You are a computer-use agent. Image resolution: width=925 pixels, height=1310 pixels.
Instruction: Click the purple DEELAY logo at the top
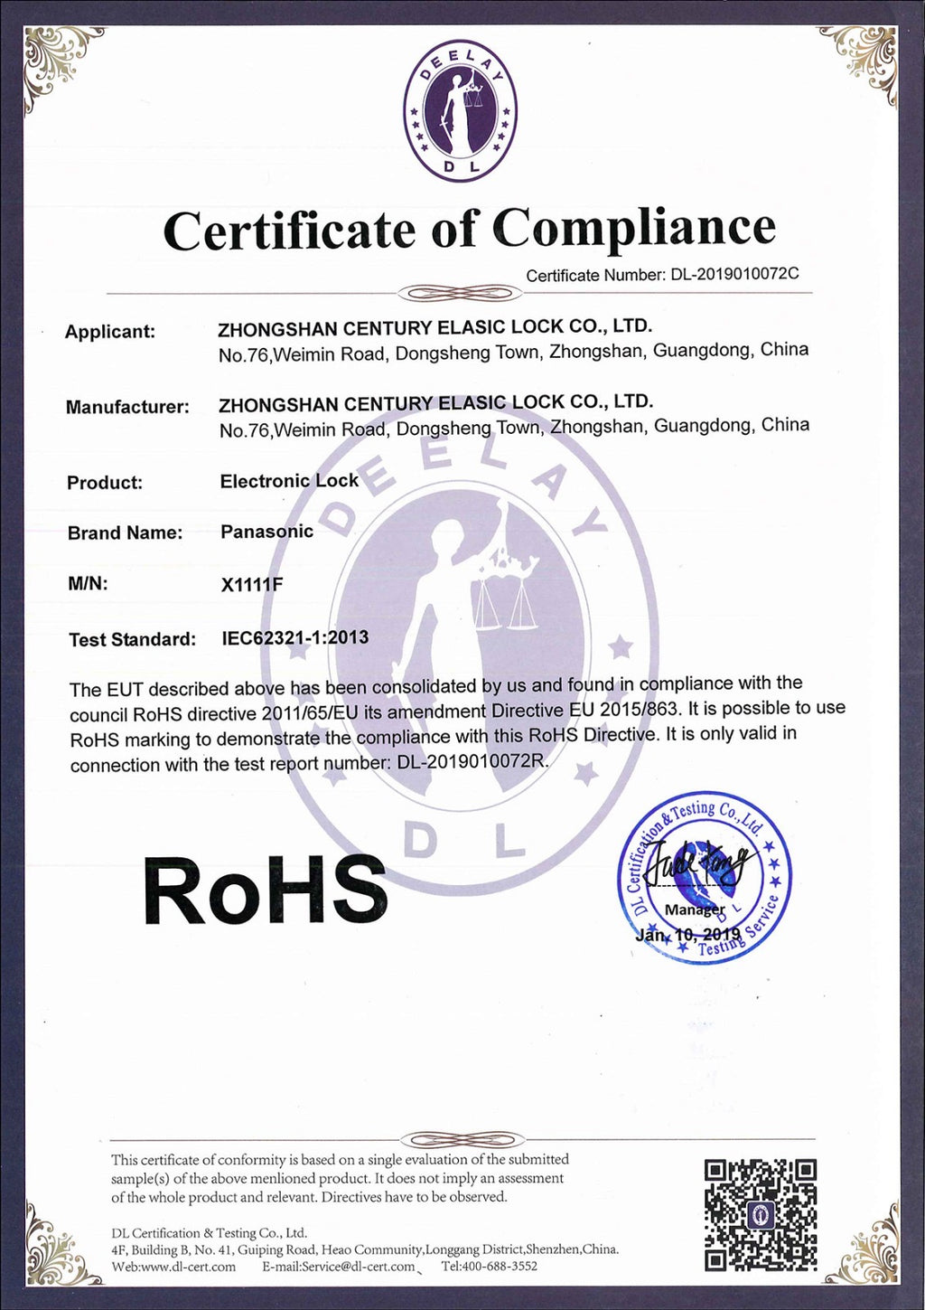[x=461, y=113]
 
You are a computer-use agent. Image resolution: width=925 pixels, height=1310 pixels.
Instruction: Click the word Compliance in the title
[x=636, y=228]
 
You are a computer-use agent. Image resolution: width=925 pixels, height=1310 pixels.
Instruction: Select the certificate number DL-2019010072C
[x=734, y=274]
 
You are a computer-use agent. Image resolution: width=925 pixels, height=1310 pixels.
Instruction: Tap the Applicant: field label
[x=109, y=332]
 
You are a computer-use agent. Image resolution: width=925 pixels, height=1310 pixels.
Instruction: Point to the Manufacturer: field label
[x=127, y=407]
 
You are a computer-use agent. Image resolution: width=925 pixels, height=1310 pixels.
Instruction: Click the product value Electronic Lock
[x=289, y=481]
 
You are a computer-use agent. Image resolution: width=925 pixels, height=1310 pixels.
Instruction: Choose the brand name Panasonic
[x=266, y=532]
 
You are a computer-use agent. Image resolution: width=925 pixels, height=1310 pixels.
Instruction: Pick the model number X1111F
[x=252, y=584]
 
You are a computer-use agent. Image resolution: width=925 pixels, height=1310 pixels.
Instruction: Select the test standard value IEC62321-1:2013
[x=295, y=637]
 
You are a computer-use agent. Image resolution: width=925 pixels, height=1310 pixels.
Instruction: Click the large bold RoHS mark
[x=265, y=891]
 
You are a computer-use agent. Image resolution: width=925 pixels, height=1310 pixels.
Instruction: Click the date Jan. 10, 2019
[x=687, y=934]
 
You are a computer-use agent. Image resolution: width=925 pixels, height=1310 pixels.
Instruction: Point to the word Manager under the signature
[x=695, y=909]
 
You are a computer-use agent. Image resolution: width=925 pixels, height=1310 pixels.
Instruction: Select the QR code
[x=761, y=1215]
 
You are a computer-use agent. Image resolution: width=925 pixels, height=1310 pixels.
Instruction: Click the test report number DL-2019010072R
[x=472, y=761]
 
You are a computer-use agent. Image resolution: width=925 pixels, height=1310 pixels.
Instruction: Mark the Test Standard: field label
[x=132, y=639]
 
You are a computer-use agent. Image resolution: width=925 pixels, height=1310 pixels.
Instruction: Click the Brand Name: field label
[x=125, y=532]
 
